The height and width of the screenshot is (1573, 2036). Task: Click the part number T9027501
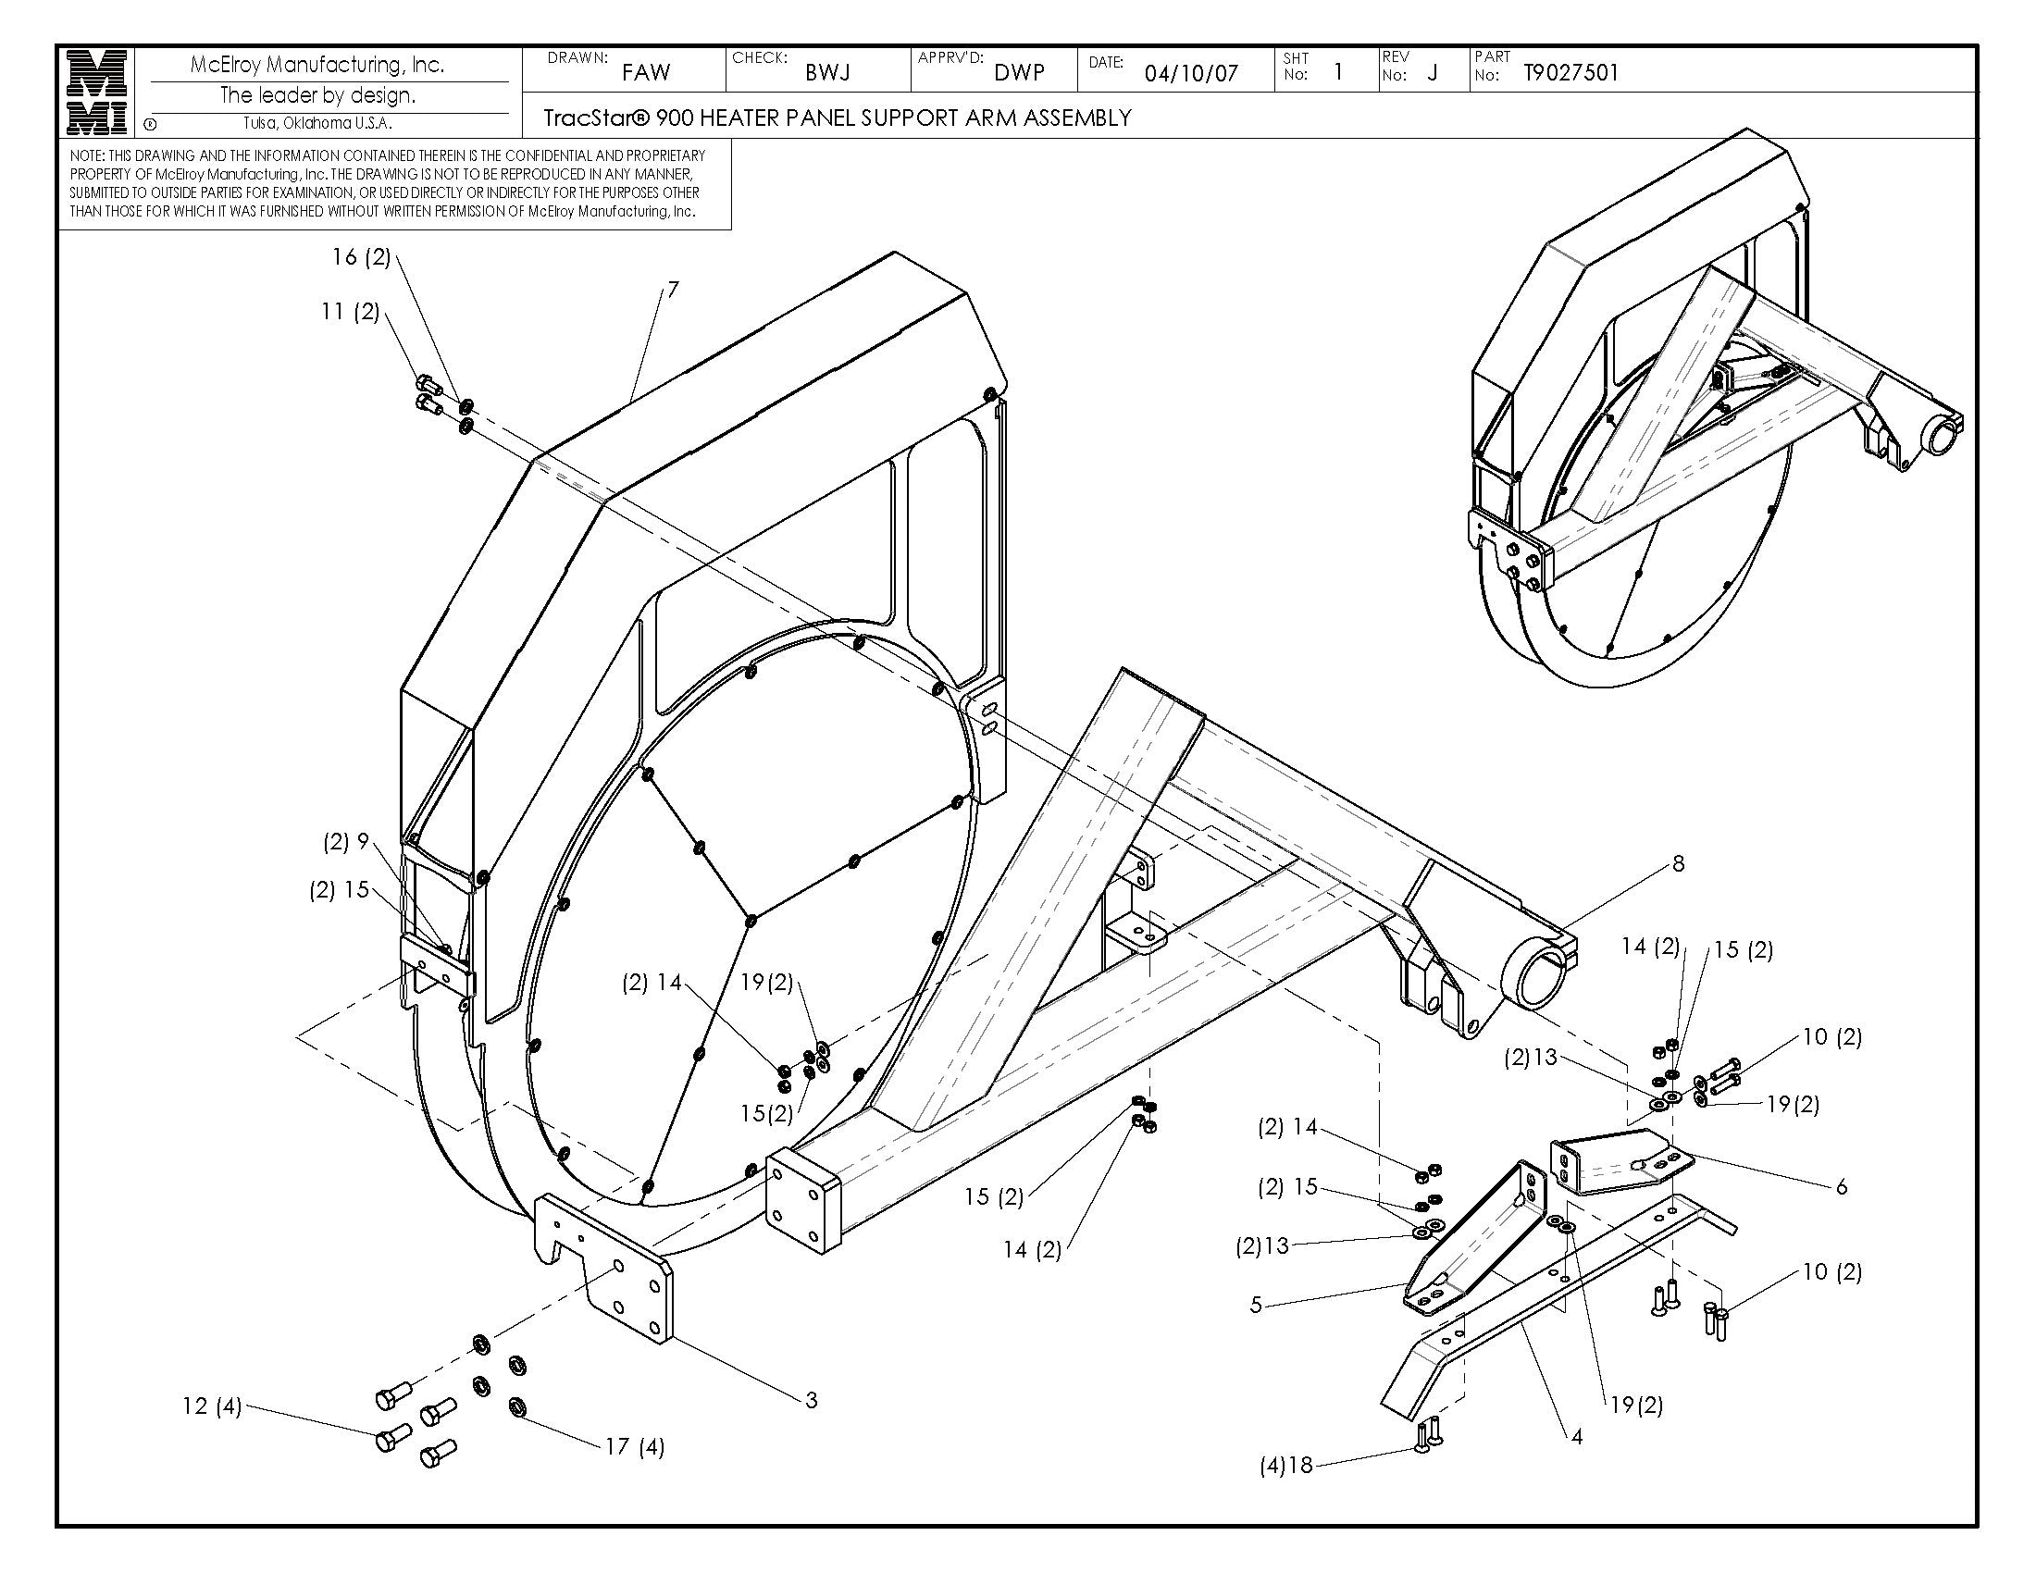coord(1570,73)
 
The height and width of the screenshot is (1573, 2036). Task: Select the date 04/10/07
coord(1190,74)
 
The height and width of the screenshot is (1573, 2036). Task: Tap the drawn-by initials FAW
coord(646,73)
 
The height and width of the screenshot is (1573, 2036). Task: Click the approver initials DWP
coord(1019,73)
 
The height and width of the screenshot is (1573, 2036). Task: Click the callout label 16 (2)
coord(362,257)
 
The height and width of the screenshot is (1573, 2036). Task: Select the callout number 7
coord(672,290)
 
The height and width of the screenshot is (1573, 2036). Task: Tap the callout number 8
coord(1678,864)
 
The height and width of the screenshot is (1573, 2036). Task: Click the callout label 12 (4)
coord(212,1406)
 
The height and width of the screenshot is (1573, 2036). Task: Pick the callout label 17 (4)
coord(635,1447)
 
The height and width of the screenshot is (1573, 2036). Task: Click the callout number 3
coord(811,1400)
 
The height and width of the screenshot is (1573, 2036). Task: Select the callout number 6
coord(1840,1187)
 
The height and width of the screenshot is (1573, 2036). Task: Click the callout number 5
coord(1256,1305)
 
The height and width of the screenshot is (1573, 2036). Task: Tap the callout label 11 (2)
coord(351,311)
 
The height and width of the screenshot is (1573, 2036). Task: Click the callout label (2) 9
coord(347,842)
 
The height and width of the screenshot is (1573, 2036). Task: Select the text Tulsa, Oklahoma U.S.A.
coord(317,123)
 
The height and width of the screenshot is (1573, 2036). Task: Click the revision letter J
coord(1432,74)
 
